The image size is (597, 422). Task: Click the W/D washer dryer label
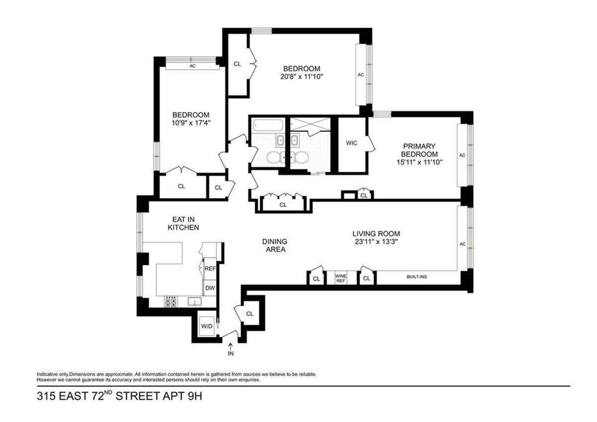click(206, 326)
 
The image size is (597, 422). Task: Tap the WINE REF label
click(340, 278)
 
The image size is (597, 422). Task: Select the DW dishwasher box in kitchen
click(210, 287)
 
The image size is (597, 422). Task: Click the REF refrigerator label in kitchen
click(210, 269)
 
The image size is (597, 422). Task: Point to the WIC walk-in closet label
click(353, 143)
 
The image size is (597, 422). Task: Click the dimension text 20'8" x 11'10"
click(301, 77)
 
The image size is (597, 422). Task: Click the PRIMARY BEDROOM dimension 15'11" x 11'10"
click(419, 162)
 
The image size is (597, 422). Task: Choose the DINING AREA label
click(275, 245)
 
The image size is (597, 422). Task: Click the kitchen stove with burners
click(171, 301)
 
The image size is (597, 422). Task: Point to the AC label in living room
click(462, 244)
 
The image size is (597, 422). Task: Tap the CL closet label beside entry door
click(250, 314)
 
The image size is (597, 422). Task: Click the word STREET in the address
click(133, 397)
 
